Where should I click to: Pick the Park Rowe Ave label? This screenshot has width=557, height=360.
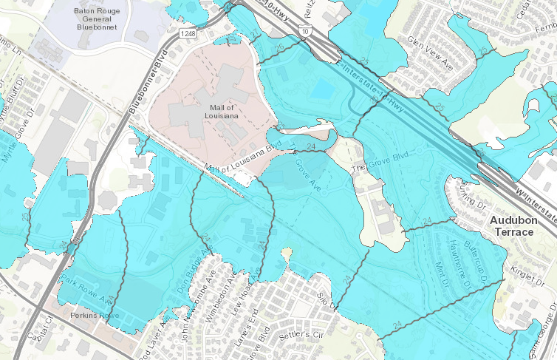[x=82, y=282]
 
